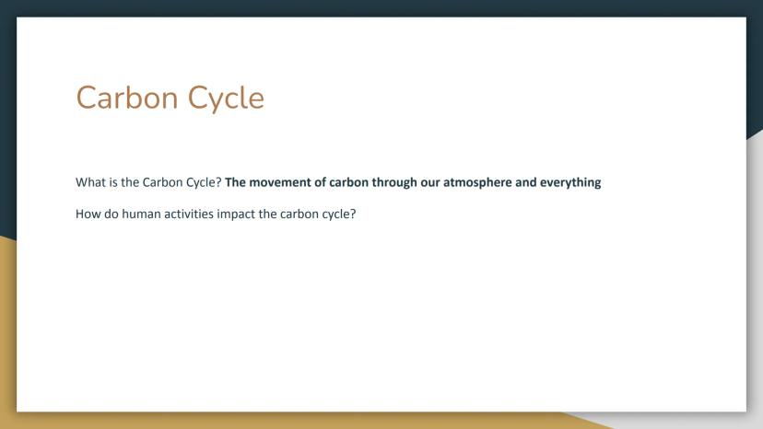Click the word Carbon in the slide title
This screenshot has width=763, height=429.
click(127, 98)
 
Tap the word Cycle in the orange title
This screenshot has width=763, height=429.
click(226, 99)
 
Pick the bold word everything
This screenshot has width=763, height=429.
click(570, 183)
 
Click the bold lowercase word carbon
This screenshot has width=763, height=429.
click(348, 182)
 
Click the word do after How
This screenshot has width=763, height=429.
click(111, 214)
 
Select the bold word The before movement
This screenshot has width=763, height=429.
click(235, 182)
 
